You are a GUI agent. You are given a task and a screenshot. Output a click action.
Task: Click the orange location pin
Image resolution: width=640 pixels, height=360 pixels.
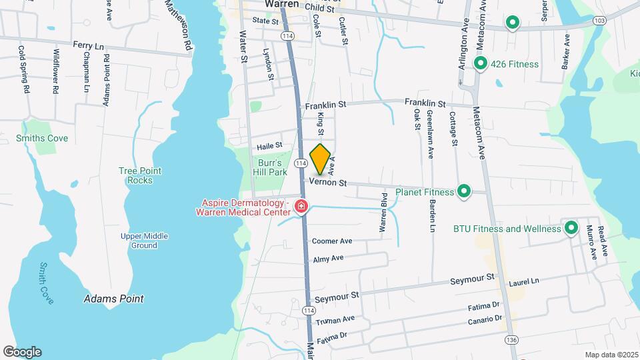321,159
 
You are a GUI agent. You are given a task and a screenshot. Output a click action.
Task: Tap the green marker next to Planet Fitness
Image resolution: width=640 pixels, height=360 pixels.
463,192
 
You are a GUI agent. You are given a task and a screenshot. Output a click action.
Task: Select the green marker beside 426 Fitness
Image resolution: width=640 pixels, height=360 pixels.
479,64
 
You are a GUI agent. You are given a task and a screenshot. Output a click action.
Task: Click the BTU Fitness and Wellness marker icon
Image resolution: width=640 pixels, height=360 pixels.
571,228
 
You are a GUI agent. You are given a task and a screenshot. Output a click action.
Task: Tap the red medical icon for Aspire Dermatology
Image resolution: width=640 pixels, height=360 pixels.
301,207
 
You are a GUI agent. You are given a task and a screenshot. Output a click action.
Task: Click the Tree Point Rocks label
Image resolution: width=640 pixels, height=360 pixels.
136,175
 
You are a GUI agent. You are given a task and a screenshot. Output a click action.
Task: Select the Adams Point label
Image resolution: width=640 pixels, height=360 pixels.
113,299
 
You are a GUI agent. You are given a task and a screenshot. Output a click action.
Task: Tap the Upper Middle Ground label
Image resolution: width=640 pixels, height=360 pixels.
144,241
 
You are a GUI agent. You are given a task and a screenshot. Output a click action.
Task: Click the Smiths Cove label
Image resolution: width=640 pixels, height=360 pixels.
42,139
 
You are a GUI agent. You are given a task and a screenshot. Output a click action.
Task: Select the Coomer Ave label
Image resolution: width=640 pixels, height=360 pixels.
331,241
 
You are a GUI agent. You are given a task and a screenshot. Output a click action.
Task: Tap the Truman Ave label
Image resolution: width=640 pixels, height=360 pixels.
335,321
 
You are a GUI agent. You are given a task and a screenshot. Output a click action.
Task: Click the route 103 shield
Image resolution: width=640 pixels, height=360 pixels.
599,21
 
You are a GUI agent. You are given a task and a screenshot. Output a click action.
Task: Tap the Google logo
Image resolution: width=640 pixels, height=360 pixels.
22,352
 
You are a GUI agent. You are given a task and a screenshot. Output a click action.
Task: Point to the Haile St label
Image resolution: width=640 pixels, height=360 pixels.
270,145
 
